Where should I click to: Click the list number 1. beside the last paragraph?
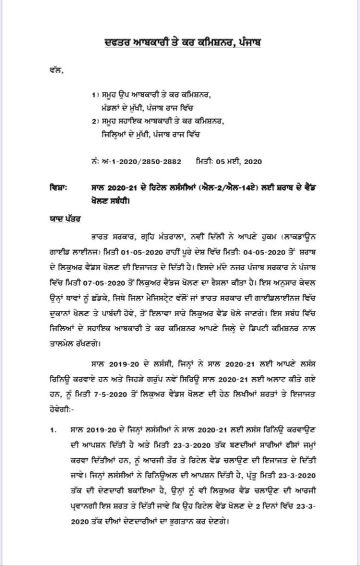tap(52, 430)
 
